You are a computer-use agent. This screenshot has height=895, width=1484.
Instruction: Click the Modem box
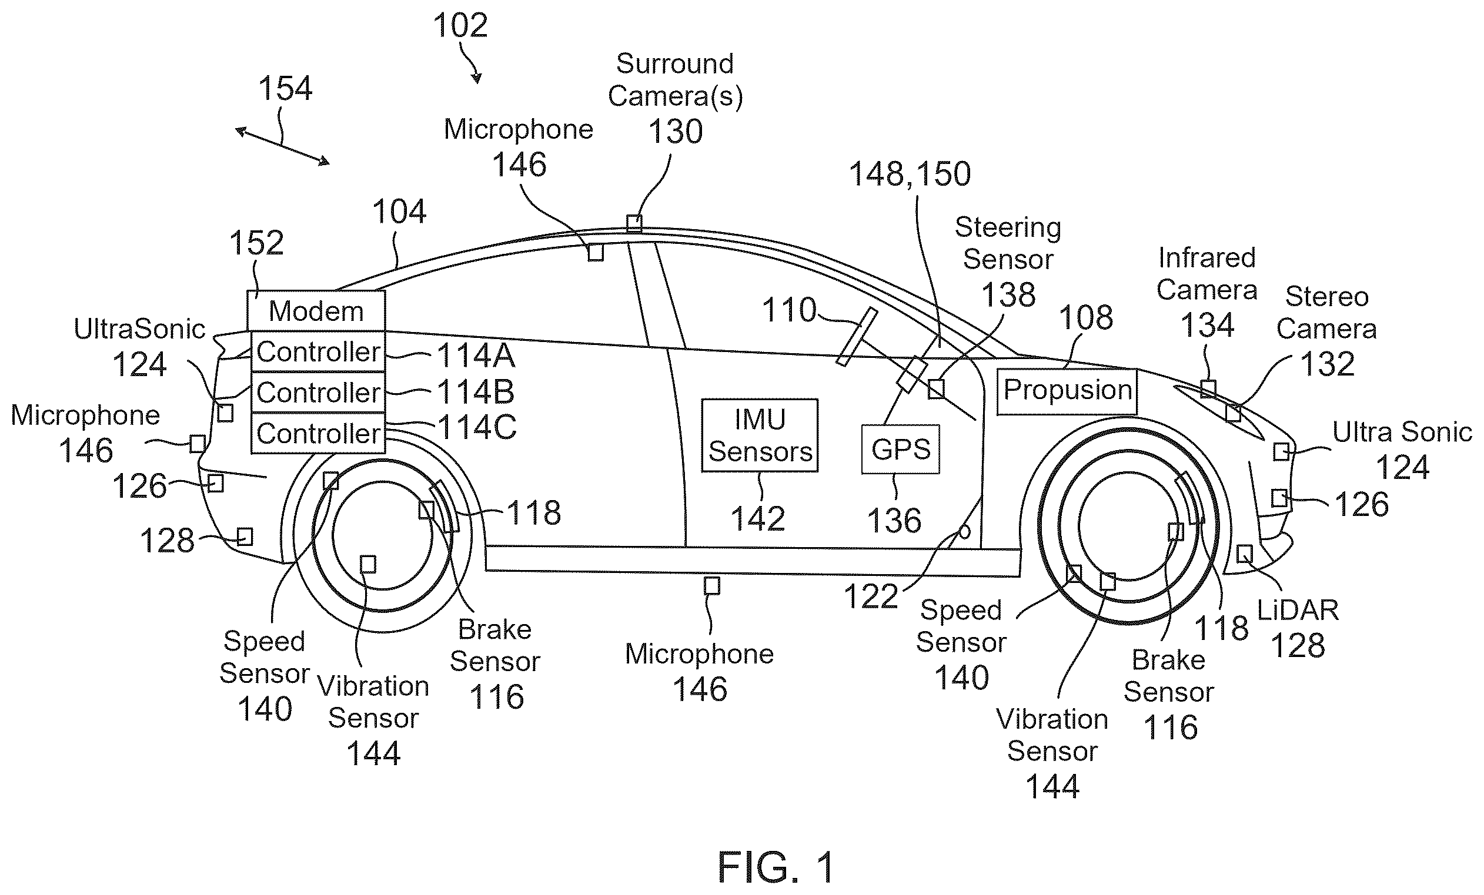316,310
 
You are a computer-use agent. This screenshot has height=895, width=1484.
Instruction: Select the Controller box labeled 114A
318,351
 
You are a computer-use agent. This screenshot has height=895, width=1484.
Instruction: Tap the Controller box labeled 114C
318,433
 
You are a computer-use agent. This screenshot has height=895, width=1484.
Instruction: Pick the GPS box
900,449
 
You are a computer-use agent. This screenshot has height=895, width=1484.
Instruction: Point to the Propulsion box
1067,391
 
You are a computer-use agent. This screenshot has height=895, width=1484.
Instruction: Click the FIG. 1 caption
776,867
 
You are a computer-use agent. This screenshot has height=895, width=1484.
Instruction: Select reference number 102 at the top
460,26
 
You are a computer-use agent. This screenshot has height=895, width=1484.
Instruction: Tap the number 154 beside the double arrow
285,89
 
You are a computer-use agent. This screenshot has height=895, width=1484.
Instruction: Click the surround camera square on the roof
634,223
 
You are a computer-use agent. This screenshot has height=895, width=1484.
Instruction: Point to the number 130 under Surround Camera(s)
675,132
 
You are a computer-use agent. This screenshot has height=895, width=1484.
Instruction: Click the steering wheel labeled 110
857,337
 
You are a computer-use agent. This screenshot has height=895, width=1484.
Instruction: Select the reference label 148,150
910,174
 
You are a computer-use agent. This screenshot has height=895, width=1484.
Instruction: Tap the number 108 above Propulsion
1086,318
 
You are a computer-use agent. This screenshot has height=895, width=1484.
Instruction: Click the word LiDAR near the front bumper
1297,611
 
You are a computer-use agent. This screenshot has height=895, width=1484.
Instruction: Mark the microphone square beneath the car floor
712,586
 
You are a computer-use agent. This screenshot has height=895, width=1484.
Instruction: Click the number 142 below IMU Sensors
758,519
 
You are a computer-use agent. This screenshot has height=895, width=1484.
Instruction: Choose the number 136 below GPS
894,521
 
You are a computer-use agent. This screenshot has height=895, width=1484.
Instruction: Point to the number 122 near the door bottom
871,597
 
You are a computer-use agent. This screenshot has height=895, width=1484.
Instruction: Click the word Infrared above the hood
1207,258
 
